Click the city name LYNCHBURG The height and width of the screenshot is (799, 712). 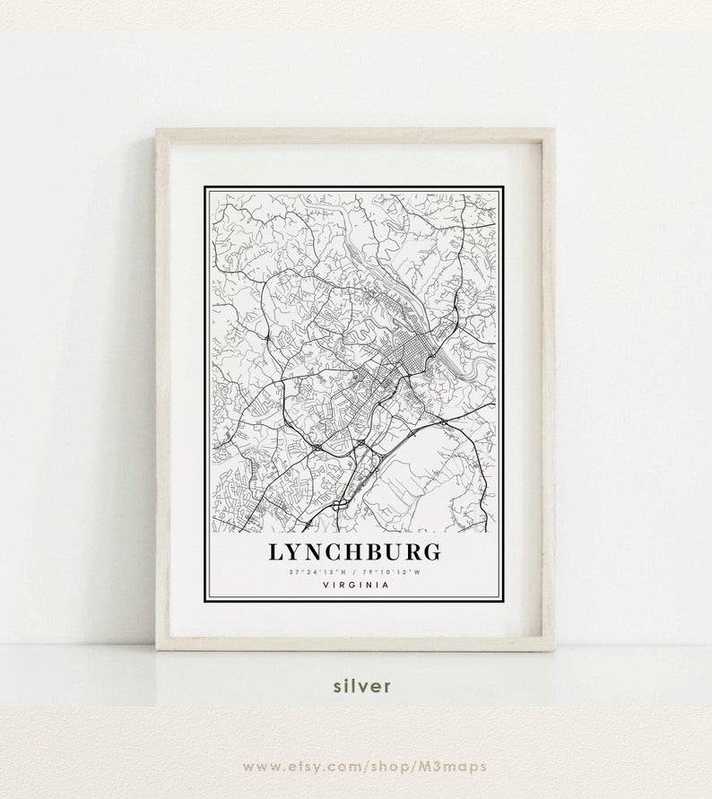tap(353, 550)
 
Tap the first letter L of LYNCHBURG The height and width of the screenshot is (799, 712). tap(275, 550)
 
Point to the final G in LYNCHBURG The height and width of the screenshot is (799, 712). tap(430, 550)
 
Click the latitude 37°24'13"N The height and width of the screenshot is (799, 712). tap(318, 572)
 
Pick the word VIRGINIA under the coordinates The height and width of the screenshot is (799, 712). tap(353, 586)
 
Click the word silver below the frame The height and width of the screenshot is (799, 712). tap(361, 686)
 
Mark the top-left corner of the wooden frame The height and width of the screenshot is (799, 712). tap(158, 131)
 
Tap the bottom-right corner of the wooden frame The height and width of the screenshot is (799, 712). tap(553, 648)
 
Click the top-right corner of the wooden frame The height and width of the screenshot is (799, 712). tap(553, 131)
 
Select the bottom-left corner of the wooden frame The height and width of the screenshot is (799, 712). tap(158, 648)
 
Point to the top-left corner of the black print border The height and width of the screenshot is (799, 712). tap(205, 187)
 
